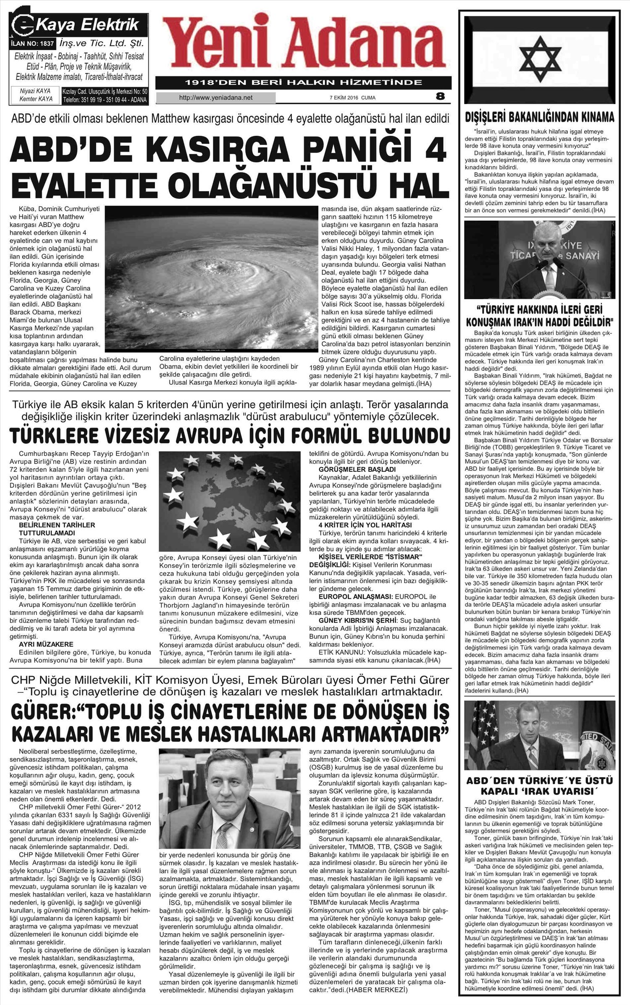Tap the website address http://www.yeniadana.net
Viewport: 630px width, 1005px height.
[216, 98]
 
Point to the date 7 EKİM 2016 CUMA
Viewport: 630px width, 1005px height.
[352, 98]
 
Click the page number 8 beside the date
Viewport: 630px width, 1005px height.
[440, 97]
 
